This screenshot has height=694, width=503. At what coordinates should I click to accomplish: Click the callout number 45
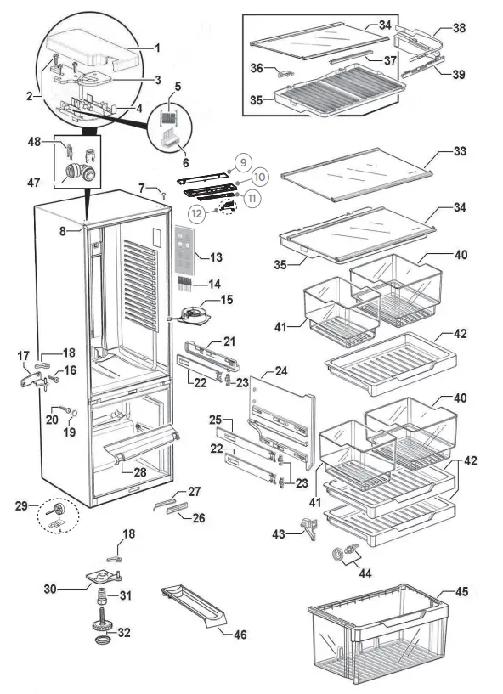pos(461,592)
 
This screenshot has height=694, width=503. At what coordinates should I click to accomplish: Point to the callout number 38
pos(459,27)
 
